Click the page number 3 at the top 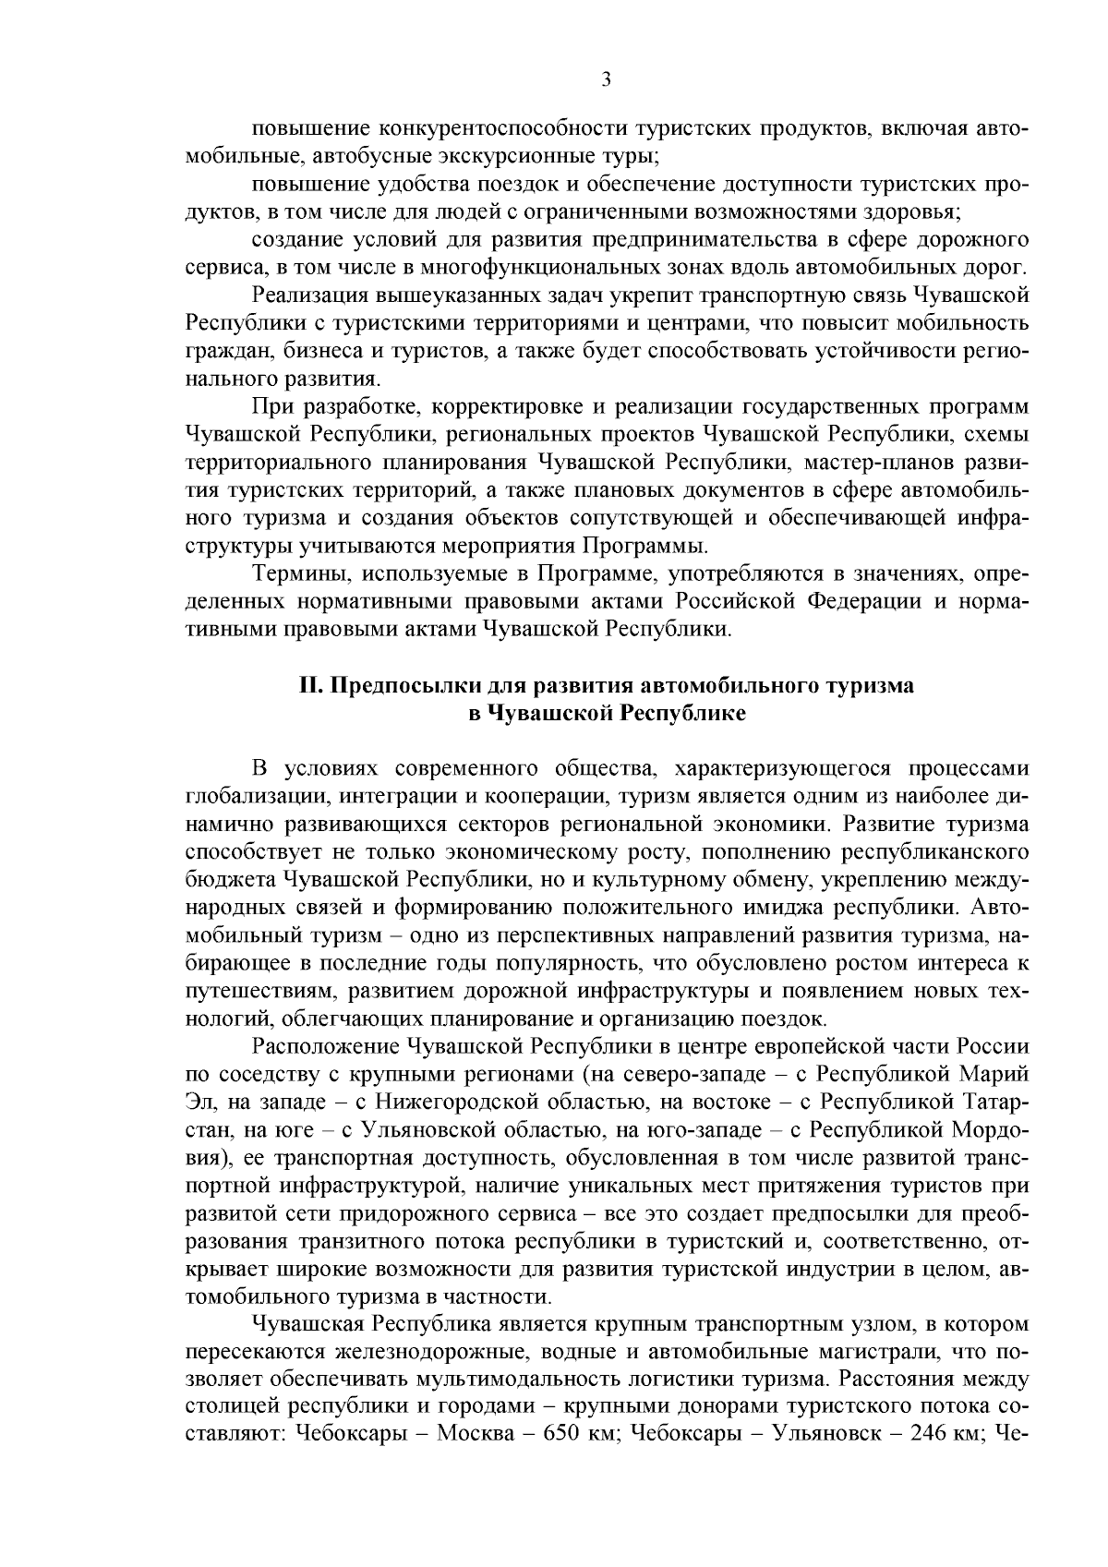tap(606, 80)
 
